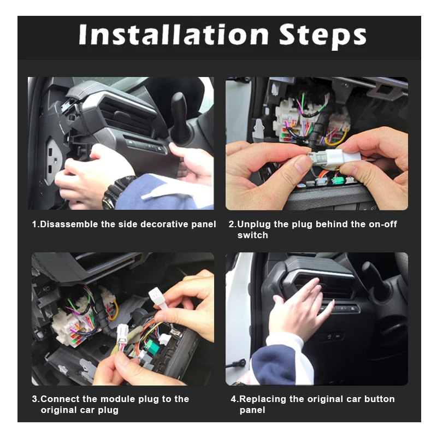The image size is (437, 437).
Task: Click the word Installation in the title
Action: tap(174, 34)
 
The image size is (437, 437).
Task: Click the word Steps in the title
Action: tap(322, 37)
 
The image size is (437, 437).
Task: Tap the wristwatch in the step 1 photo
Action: tap(117, 192)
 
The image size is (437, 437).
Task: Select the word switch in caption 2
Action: tap(252, 235)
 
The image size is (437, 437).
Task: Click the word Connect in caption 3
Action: tap(60, 399)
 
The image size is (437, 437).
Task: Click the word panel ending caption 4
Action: tap(252, 410)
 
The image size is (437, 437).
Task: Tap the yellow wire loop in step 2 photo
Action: tap(336, 138)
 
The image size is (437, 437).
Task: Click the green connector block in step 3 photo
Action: tap(151, 346)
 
